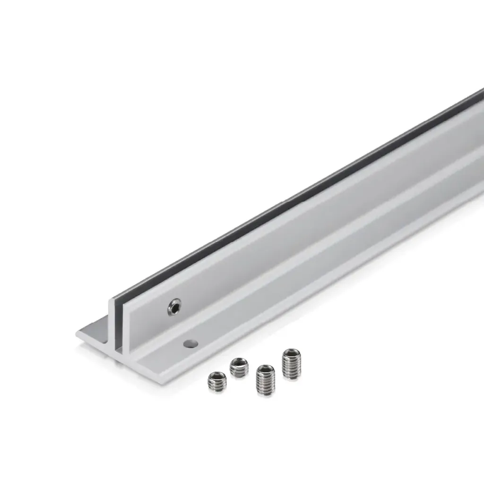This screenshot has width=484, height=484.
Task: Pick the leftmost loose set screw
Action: click(x=217, y=382)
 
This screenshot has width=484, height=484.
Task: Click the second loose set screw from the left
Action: click(x=239, y=367)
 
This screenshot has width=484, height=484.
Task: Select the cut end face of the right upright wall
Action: click(x=124, y=331)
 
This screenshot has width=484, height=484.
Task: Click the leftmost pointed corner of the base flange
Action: click(x=76, y=334)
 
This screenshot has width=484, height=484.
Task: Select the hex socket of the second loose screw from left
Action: click(x=239, y=363)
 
